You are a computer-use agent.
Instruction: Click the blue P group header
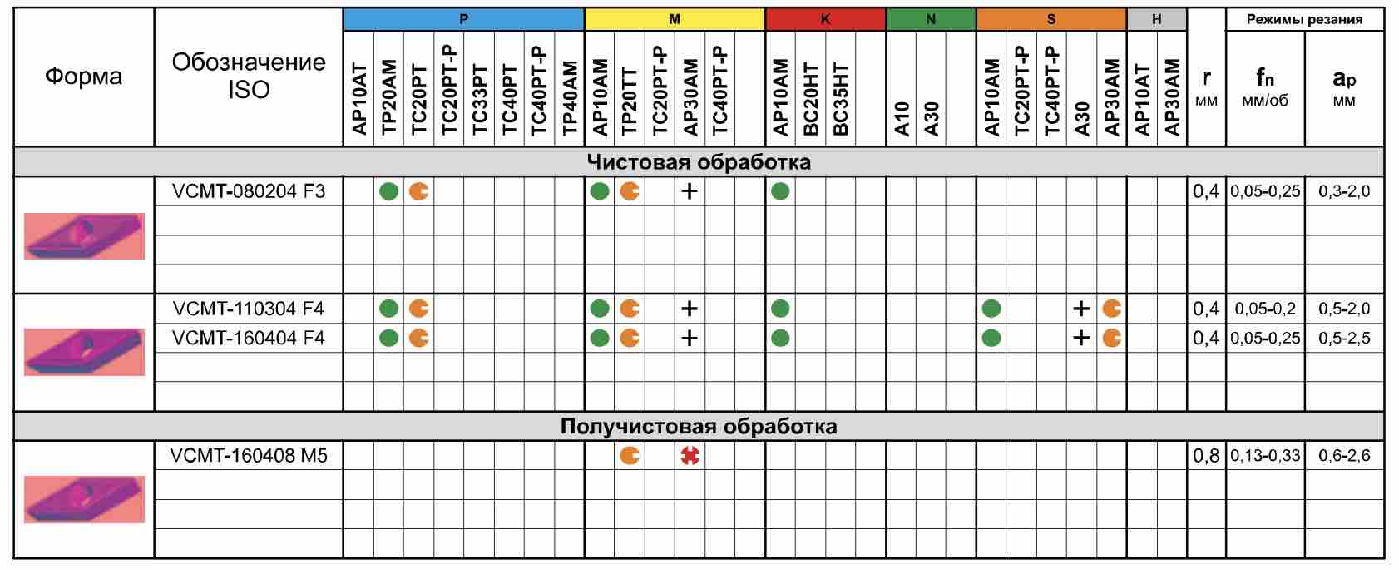(463, 19)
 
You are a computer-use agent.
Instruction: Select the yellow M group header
(675, 19)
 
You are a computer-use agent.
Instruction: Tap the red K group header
(825, 19)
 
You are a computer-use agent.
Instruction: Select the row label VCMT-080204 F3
(249, 191)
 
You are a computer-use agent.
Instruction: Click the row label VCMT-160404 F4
(249, 338)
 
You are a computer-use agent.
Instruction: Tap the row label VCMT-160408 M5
(249, 456)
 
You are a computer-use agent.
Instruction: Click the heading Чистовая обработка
(699, 162)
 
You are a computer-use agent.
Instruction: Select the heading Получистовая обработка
(699, 427)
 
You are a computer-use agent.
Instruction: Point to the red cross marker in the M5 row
(690, 456)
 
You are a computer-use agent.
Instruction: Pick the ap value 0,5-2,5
(1344, 338)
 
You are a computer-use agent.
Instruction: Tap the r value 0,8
(1206, 456)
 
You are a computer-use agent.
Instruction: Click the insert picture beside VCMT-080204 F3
(84, 236)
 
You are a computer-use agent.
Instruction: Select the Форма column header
(83, 77)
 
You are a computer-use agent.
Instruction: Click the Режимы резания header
(1304, 20)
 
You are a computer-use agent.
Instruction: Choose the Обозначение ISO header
(249, 76)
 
